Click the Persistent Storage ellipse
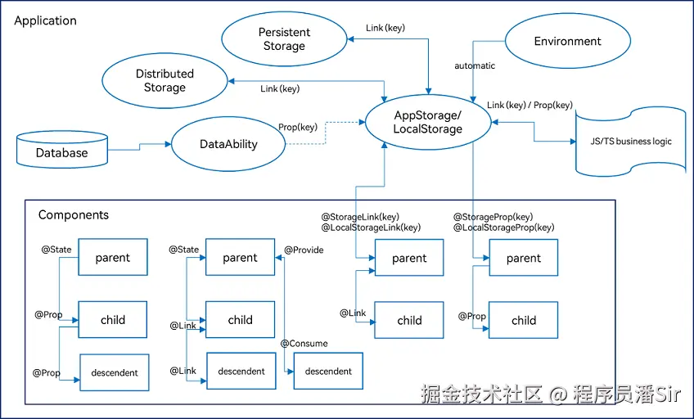tap(283, 39)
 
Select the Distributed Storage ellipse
tap(164, 81)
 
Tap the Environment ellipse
tap(567, 42)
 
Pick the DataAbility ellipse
tap(228, 144)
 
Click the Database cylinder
tap(61, 152)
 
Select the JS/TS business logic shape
tap(630, 142)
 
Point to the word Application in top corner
tap(46, 20)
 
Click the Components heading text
tap(74, 215)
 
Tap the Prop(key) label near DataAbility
tap(298, 127)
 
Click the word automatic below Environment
tap(475, 65)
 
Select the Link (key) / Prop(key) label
tap(530, 106)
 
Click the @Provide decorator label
tap(304, 250)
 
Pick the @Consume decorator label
tap(304, 344)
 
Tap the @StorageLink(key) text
tap(359, 217)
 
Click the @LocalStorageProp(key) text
tap(503, 228)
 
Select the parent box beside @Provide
tap(240, 257)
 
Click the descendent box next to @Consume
tap(328, 371)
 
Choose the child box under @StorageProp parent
tap(523, 320)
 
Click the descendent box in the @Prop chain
tap(114, 372)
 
